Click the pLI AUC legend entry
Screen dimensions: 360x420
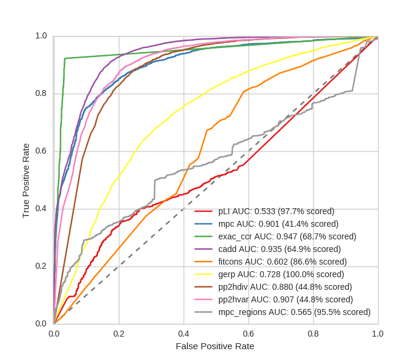276,211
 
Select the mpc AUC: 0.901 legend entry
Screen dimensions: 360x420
278,224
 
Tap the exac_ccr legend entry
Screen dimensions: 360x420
287,236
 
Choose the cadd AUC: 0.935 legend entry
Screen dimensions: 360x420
279,249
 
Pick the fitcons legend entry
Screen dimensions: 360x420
282,262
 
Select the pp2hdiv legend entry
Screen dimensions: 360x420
285,287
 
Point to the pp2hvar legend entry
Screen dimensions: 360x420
285,299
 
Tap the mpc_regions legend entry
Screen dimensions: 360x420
294,312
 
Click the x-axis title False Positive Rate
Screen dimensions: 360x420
215,346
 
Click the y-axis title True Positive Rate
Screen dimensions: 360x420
26,180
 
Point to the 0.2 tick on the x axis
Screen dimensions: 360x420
119,333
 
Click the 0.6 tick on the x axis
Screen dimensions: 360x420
248,333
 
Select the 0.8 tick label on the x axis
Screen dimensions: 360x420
313,333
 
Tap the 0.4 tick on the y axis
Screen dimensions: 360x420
41,209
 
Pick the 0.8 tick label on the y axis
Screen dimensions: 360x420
41,94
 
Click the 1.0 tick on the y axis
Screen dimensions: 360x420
41,36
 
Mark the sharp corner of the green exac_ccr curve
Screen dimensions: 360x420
64,58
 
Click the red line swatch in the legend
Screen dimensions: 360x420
204,211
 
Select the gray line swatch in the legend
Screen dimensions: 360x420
204,312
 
